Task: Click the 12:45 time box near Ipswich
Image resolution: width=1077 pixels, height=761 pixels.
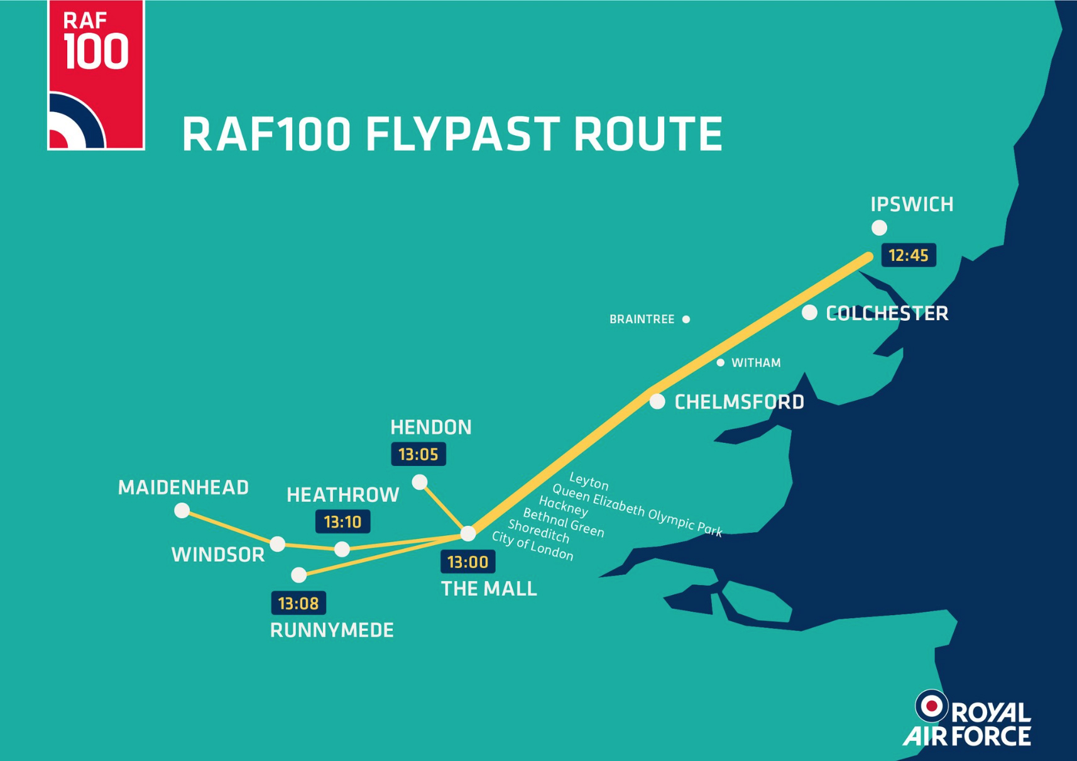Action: point(909,255)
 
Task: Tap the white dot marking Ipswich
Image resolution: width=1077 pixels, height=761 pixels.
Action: point(879,228)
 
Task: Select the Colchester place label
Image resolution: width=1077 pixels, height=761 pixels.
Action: point(887,313)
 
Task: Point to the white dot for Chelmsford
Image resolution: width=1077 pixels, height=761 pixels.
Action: point(657,401)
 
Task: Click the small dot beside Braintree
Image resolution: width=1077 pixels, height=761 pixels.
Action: point(686,319)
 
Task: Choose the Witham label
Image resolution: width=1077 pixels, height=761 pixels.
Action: point(756,363)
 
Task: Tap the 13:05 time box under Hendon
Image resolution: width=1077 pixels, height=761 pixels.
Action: point(418,454)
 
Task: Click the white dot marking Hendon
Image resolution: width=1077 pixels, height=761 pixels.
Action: point(420,482)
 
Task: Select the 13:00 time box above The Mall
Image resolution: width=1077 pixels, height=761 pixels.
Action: point(468,562)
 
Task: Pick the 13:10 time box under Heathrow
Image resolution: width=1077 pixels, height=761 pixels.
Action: point(342,521)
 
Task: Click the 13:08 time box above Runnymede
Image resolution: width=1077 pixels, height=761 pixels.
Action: point(298,603)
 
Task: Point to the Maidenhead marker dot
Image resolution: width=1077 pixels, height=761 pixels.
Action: point(182,510)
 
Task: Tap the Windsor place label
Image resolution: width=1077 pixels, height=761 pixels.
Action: point(218,555)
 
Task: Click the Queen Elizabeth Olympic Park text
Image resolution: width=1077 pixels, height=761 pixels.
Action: point(637,509)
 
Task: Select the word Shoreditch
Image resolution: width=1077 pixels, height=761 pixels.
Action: point(539,531)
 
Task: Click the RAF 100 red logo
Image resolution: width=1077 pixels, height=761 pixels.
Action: point(96,75)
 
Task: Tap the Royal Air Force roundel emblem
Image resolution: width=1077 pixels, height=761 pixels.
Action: point(931,706)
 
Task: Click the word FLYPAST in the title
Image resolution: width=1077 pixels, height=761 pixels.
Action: point(462,134)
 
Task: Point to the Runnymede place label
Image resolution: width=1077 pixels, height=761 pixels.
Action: point(332,630)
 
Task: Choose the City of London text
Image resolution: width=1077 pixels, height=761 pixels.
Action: point(533,546)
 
